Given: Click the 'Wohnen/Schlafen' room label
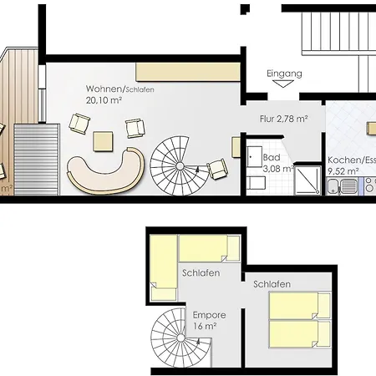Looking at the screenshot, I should tap(119, 89).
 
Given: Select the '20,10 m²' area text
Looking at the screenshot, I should tap(103, 99).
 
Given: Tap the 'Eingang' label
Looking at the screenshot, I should tap(283, 74).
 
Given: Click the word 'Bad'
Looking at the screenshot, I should tap(271, 157).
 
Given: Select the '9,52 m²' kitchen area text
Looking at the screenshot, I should tap(343, 170).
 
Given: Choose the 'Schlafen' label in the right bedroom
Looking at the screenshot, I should tap(272, 284).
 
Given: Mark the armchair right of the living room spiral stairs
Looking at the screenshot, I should tap(217, 169).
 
